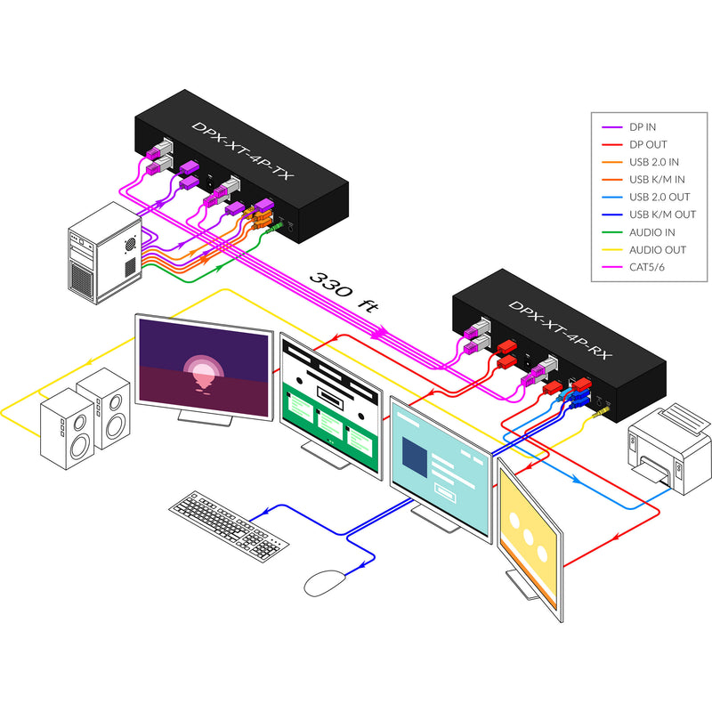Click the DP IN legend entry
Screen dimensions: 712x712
[643, 127]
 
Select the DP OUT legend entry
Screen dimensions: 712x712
[646, 144]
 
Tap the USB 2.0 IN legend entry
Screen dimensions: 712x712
[652, 162]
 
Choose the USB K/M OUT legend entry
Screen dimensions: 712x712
[661, 214]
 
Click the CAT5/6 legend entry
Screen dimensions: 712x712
[646, 266]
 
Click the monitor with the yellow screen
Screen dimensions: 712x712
[530, 534]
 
